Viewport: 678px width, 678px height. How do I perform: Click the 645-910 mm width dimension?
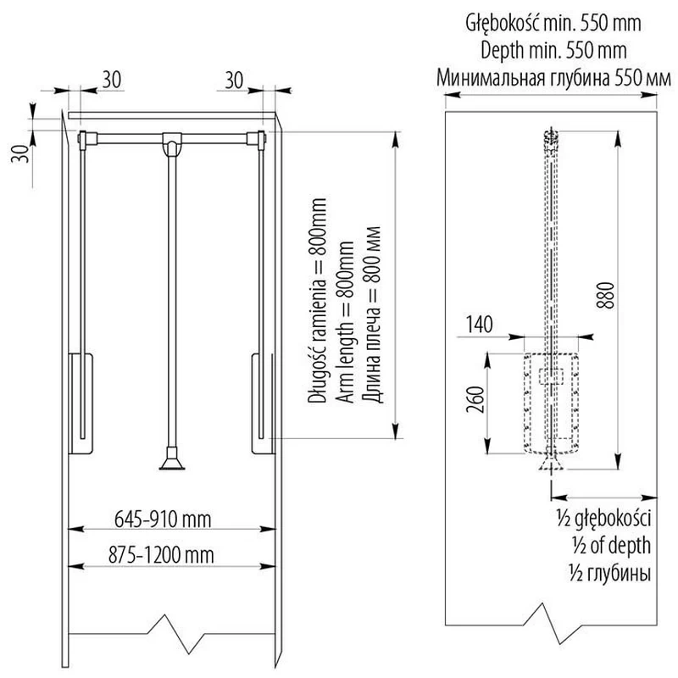pos(163,520)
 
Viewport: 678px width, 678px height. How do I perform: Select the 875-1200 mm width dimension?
pos(161,556)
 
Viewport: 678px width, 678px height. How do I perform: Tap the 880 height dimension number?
pos(605,295)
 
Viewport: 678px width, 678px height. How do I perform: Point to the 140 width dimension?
pos(479,325)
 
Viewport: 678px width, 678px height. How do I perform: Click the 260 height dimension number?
pos(475,399)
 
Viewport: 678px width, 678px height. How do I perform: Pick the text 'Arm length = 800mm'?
pos(345,322)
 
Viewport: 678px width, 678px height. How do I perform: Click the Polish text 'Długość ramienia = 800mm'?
pos(317,301)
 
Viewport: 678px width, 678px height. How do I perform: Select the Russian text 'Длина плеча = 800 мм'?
pos(372,314)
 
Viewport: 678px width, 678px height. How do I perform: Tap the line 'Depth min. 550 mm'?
pos(553,51)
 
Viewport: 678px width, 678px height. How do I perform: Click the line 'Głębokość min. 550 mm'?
pos(553,24)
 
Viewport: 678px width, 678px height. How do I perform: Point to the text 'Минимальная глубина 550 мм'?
pos(553,78)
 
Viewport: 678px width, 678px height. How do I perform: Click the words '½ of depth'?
pos(611,546)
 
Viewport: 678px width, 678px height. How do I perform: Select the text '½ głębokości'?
pos(603,519)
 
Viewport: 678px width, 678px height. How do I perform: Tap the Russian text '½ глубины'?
pos(610,574)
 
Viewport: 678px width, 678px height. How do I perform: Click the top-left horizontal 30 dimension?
pos(112,80)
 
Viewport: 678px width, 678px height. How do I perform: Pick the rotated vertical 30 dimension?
pos(19,153)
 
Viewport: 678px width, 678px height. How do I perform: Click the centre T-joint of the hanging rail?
pos(172,142)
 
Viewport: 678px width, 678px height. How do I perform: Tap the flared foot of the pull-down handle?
pos(172,464)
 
